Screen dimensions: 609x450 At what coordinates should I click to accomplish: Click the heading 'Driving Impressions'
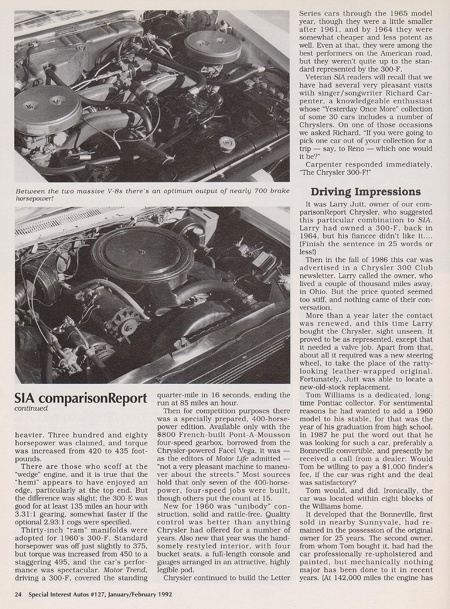(x=366, y=192)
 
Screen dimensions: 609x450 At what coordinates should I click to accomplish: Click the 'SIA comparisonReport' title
(x=81, y=398)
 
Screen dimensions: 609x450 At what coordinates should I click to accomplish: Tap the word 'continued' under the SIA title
(x=31, y=408)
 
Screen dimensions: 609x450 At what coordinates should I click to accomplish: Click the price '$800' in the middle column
(x=166, y=435)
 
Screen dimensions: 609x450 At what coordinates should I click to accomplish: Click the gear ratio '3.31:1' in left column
(x=27, y=514)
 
